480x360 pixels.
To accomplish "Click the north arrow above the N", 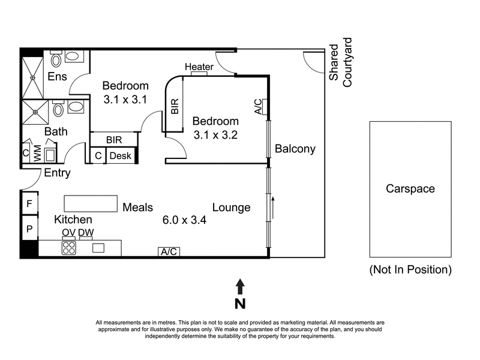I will (x=240, y=286).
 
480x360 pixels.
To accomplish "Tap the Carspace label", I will (x=410, y=188).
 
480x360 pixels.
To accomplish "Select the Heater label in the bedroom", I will (x=199, y=67).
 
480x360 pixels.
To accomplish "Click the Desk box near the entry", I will (x=120, y=156).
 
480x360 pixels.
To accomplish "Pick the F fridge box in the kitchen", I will (x=29, y=204).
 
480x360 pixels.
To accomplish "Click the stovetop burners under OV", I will (x=69, y=248).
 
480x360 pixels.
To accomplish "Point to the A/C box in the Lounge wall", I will (x=169, y=252).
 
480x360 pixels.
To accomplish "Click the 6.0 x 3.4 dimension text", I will (x=184, y=220).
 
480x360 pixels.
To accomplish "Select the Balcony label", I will (x=295, y=149).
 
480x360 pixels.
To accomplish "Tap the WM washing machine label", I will (x=37, y=154).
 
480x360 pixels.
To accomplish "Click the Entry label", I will (x=58, y=173).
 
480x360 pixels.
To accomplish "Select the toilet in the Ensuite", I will (x=56, y=59).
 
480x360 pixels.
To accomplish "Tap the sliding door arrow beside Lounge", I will (x=272, y=206).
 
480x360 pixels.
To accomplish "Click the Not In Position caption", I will (x=410, y=269).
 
